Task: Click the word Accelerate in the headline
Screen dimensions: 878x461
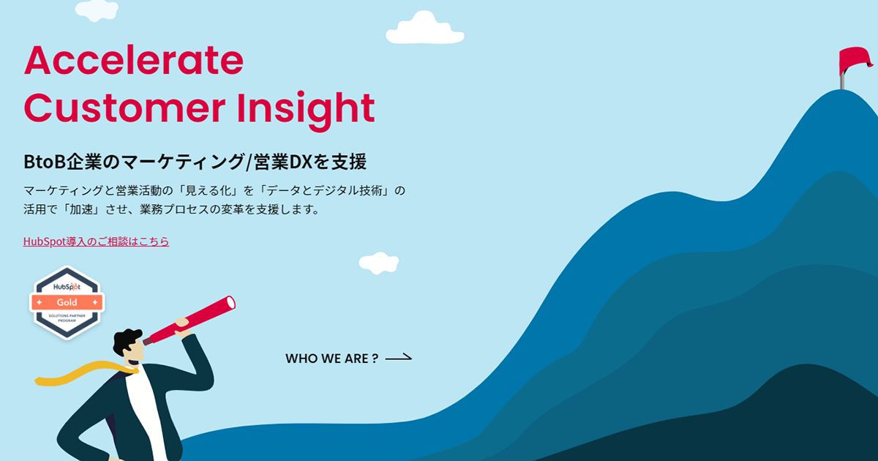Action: coord(134,60)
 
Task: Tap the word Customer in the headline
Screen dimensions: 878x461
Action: coord(124,108)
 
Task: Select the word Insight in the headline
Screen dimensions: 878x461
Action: coord(306,110)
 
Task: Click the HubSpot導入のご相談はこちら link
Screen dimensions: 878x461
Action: coord(96,241)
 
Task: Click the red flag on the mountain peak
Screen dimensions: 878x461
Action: coord(855,60)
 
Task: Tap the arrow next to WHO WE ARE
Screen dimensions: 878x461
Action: coord(399,358)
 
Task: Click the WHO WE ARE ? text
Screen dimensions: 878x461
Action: coord(332,359)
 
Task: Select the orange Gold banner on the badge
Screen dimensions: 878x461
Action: coord(67,302)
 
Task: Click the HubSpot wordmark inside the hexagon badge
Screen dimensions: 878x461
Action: coord(67,287)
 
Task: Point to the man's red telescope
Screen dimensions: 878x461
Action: coord(190,321)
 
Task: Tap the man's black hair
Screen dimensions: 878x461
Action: coord(126,341)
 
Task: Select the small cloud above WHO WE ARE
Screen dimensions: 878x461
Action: coord(379,263)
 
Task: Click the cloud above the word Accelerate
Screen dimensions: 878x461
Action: coord(97,10)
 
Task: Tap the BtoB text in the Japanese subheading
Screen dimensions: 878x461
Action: coord(45,162)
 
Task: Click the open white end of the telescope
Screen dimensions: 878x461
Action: coord(231,303)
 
